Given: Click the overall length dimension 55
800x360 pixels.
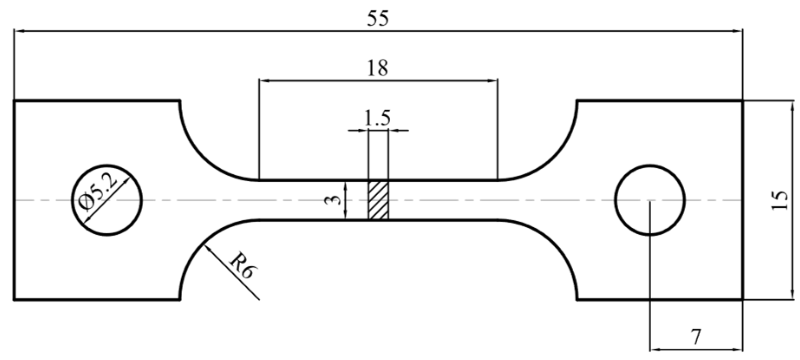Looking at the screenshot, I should pyautogui.click(x=378, y=19).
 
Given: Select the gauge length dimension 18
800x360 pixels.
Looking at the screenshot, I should pyautogui.click(x=377, y=69).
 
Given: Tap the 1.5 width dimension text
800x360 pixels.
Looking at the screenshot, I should pyautogui.click(x=377, y=118).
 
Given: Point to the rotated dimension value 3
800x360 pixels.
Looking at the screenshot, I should pyautogui.click(x=332, y=200).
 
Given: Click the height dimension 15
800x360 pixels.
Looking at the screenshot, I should pyautogui.click(x=779, y=200).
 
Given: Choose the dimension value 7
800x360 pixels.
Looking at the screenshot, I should pyautogui.click(x=696, y=337).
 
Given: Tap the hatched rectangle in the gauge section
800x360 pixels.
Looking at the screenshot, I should pyautogui.click(x=378, y=200).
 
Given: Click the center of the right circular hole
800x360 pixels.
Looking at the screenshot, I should pyautogui.click(x=650, y=200).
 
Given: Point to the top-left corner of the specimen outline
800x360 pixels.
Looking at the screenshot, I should pyautogui.click(x=14, y=101).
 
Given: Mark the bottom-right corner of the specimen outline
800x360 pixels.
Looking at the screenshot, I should pyautogui.click(x=742, y=299).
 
